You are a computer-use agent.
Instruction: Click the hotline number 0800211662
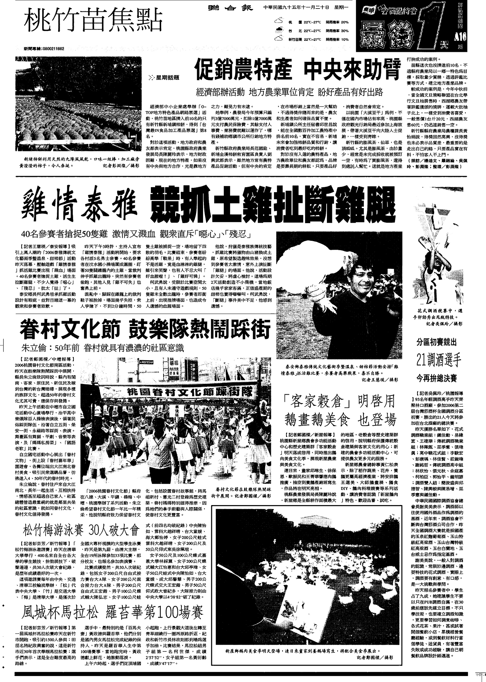click(x=49, y=49)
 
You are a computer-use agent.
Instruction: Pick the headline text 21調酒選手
click(x=439, y=360)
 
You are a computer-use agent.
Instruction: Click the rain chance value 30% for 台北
click(x=344, y=31)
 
